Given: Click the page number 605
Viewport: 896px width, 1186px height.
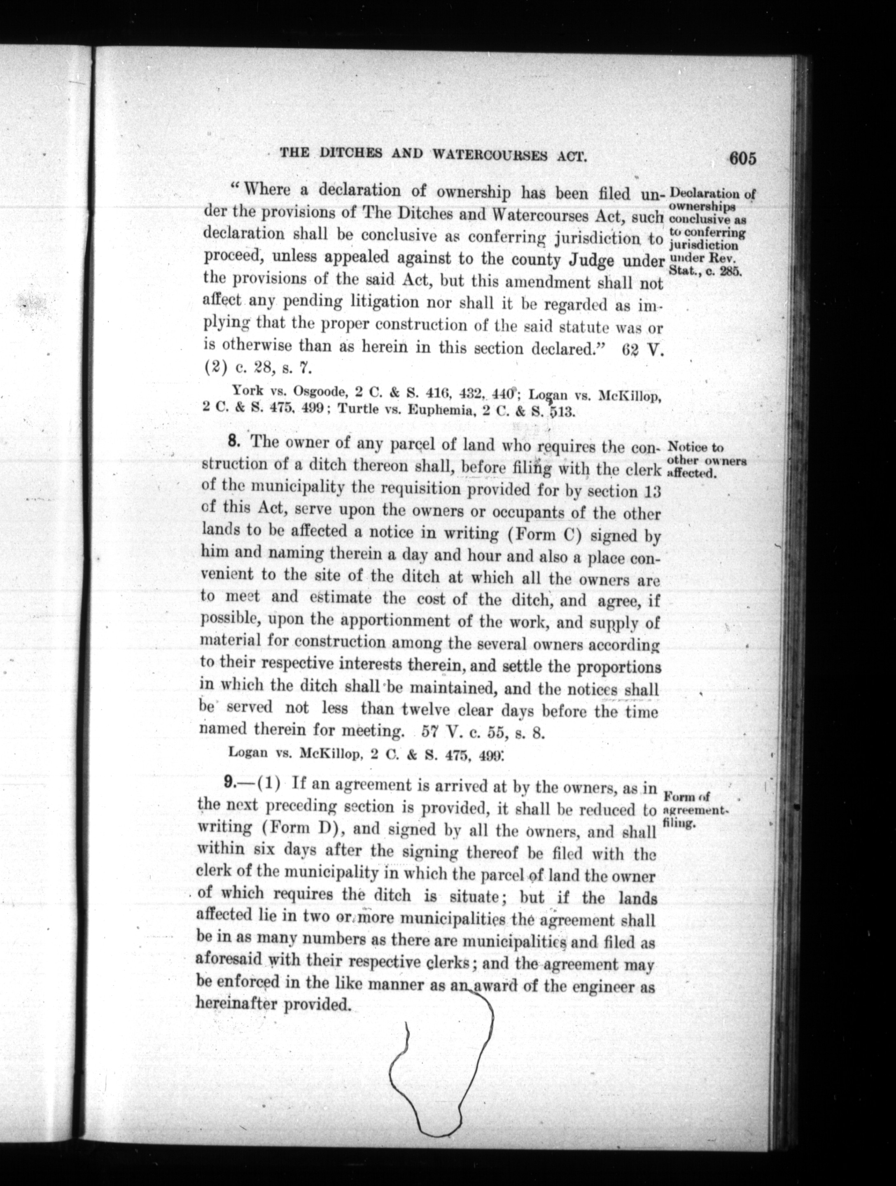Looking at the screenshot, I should click(742, 159).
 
